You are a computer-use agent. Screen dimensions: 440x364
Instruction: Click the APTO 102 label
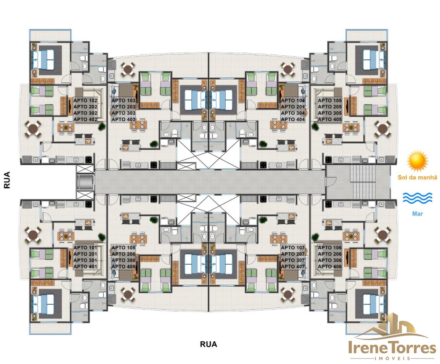pyautogui.click(x=85, y=100)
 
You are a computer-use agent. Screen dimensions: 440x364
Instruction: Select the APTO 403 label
pyautogui.click(x=124, y=120)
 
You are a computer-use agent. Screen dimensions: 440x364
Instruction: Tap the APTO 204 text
pyautogui.click(x=293, y=107)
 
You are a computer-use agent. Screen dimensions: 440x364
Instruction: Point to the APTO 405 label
pyautogui.click(x=330, y=120)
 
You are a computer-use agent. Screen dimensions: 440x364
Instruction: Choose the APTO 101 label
pyautogui.click(x=85, y=248)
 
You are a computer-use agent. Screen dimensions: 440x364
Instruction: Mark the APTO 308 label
pyautogui.click(x=124, y=260)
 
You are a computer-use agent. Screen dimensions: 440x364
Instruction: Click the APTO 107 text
pyautogui.click(x=293, y=248)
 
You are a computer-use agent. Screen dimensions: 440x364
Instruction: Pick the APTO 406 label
pyautogui.click(x=330, y=267)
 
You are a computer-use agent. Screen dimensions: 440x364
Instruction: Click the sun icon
pyautogui.click(x=418, y=161)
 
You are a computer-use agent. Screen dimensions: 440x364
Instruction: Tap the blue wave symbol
pyautogui.click(x=418, y=198)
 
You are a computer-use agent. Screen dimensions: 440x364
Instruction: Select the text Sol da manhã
pyautogui.click(x=418, y=177)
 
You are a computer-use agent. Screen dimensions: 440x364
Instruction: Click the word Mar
pyautogui.click(x=418, y=214)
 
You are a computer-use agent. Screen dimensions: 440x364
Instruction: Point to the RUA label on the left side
pyautogui.click(x=7, y=180)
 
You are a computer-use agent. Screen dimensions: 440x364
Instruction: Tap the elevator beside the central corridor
pyautogui.click(x=85, y=182)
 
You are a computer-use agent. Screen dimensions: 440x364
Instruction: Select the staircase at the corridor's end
pyautogui.click(x=363, y=182)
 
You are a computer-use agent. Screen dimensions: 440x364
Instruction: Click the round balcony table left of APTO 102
pyautogui.click(x=33, y=128)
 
